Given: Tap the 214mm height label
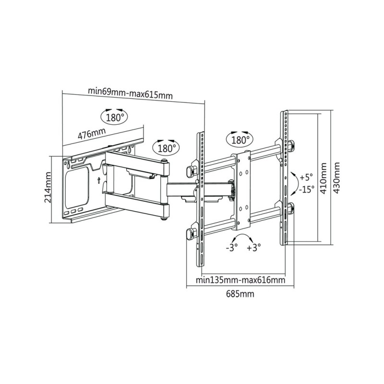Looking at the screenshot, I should click(x=48, y=188).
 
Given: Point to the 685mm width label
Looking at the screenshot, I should click(x=240, y=294).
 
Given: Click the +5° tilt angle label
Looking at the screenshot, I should click(x=306, y=177).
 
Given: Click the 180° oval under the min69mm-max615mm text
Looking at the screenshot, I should click(x=115, y=117).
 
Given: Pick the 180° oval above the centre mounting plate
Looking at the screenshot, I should click(x=240, y=140).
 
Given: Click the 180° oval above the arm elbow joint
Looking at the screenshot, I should click(x=165, y=147).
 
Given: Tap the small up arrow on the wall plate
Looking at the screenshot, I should click(x=98, y=180).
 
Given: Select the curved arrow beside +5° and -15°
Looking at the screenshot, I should click(x=290, y=182).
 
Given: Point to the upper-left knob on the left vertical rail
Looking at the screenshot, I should click(x=190, y=169).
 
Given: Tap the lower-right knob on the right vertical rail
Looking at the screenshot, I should click(x=291, y=208).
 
